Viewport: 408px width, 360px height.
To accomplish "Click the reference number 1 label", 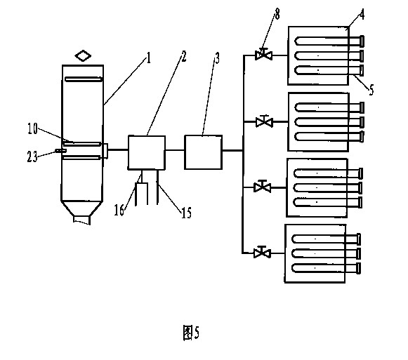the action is (x=149, y=58).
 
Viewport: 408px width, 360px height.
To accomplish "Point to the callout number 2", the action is (x=184, y=56).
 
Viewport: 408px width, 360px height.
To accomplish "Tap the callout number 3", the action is (x=217, y=58).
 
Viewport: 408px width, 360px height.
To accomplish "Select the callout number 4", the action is (x=362, y=14).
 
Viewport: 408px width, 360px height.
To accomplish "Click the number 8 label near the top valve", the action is (x=277, y=14).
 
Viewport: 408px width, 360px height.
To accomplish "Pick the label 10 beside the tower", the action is (x=33, y=128).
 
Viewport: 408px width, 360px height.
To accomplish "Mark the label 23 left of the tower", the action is (x=32, y=157).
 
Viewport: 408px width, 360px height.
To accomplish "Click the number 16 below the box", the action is (x=119, y=210).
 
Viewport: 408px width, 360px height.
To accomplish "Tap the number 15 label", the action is (x=186, y=213).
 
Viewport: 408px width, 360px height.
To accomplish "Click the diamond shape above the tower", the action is (x=83, y=55).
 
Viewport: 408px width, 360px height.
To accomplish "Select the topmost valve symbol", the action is (x=263, y=54).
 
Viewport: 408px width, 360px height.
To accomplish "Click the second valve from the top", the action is (x=264, y=121).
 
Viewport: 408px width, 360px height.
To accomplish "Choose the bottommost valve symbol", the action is (x=263, y=252).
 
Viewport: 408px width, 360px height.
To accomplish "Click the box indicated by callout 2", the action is (x=147, y=152).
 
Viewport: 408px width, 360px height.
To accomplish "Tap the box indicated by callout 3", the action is (x=203, y=152).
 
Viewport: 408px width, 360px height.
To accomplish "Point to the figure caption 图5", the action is (x=191, y=333).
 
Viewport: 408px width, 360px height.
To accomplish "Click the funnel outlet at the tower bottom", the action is (x=81, y=220).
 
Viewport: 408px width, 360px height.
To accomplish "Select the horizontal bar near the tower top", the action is (x=84, y=79).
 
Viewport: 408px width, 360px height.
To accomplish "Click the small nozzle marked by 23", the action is (x=60, y=151).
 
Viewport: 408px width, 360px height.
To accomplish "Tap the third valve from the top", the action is (x=263, y=187).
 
